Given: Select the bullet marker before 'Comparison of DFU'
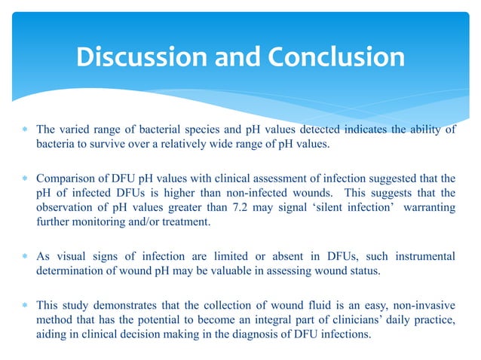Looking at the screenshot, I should (26, 178).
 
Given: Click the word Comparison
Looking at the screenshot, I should (68, 178).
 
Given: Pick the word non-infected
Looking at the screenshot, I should (266, 194).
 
